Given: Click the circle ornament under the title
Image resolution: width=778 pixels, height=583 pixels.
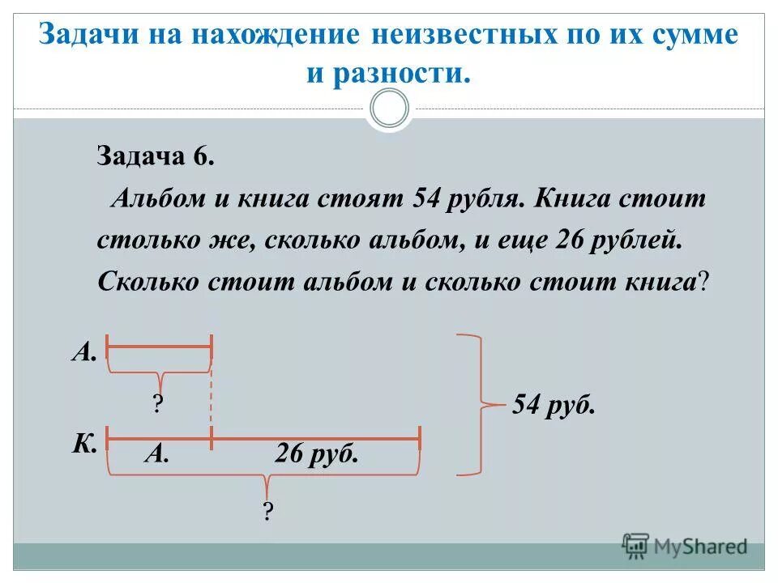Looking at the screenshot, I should (389, 107).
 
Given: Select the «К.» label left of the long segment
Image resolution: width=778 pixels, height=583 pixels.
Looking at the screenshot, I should (84, 442).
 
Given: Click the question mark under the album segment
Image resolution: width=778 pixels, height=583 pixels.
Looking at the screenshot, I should (158, 404).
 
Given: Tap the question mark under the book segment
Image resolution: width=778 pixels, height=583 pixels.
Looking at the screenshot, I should (267, 511).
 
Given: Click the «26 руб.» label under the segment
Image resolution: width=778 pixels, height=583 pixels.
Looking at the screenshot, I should (316, 454).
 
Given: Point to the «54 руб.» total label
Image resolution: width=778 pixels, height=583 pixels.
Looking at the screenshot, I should (554, 404).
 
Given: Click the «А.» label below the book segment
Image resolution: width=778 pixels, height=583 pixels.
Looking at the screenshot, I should (156, 454).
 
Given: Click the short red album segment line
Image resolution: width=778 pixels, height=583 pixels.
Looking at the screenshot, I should (159, 346).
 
